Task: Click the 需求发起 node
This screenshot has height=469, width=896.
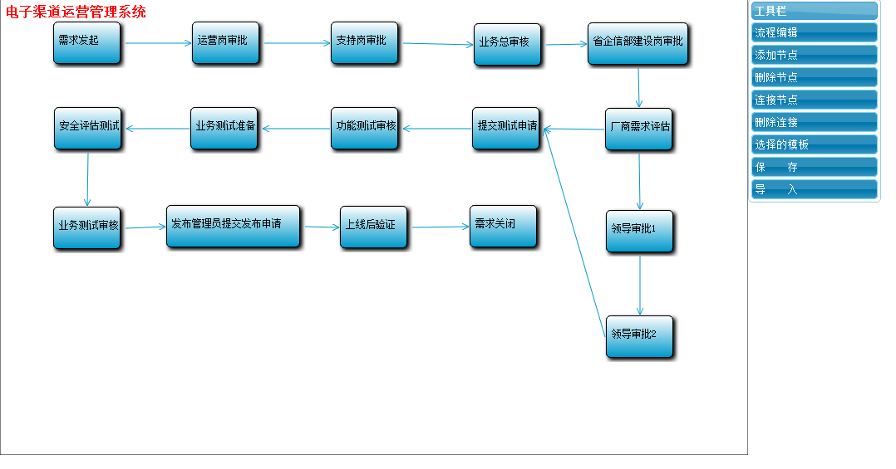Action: pyautogui.click(x=87, y=42)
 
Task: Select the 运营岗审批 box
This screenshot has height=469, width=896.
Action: pyautogui.click(x=225, y=42)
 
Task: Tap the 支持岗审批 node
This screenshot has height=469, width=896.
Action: pyautogui.click(x=364, y=42)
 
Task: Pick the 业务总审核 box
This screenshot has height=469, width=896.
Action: pyautogui.click(x=508, y=45)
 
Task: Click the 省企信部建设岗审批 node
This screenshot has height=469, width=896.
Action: pyautogui.click(x=638, y=43)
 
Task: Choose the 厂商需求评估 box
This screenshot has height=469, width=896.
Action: pyautogui.click(x=638, y=129)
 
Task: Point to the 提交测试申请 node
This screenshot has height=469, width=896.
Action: pyautogui.click(x=506, y=128)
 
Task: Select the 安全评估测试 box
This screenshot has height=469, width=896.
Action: pyautogui.click(x=88, y=128)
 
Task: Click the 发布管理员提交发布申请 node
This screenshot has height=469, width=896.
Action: pyautogui.click(x=233, y=226)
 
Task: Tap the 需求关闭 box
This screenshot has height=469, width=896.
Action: pyautogui.click(x=503, y=226)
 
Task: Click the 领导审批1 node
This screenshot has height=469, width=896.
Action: pyautogui.click(x=639, y=231)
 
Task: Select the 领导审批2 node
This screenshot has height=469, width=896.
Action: pyautogui.click(x=639, y=336)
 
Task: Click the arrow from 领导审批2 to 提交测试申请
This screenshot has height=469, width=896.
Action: pyautogui.click(x=575, y=232)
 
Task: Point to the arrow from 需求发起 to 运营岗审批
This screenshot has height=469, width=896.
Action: pyautogui.click(x=158, y=43)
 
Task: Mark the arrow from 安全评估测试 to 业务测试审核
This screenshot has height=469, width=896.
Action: pyautogui.click(x=87, y=178)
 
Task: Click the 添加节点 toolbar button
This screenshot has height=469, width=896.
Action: pyautogui.click(x=814, y=55)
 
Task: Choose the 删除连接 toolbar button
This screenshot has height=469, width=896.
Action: pyautogui.click(x=814, y=122)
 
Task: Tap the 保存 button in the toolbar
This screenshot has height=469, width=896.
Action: pyautogui.click(x=814, y=167)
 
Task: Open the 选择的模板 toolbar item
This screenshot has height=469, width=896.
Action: pyautogui.click(x=814, y=144)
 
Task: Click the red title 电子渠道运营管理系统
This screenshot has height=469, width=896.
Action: pyautogui.click(x=76, y=12)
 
